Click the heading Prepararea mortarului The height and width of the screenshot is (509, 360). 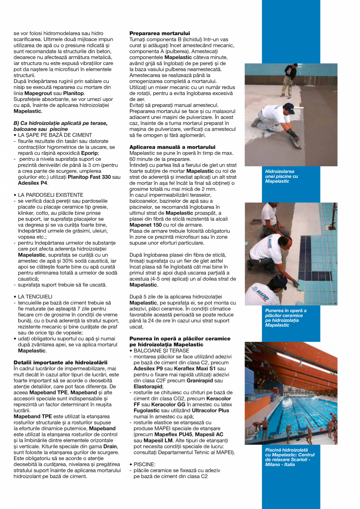(160, 34)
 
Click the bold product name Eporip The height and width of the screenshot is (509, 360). (90, 153)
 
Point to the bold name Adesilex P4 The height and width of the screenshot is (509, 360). (33, 183)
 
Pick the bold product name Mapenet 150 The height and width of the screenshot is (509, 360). (146, 225)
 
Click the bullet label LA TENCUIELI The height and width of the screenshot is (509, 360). (35, 296)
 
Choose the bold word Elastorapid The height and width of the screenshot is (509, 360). (148, 386)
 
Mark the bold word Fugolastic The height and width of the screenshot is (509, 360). (148, 410)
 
